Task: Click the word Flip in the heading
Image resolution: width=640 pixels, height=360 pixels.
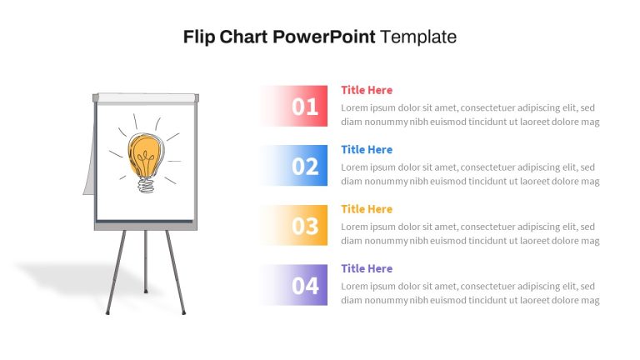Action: pyautogui.click(x=199, y=37)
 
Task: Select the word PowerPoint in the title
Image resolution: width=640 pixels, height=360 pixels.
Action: pyautogui.click(x=323, y=37)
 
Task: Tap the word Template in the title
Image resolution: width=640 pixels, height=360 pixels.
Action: pyautogui.click(x=418, y=37)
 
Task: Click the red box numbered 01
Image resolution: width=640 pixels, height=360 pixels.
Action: pyautogui.click(x=294, y=106)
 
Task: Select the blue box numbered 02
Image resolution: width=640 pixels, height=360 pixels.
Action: pyautogui.click(x=294, y=165)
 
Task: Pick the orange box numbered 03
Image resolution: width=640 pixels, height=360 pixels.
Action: pyautogui.click(x=294, y=225)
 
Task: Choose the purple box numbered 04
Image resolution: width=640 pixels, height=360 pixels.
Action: pyautogui.click(x=294, y=285)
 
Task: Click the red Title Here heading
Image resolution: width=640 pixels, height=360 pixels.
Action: pyautogui.click(x=367, y=90)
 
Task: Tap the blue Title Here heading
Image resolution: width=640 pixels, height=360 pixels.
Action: pyautogui.click(x=367, y=149)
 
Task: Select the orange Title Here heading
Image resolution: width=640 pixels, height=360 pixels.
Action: pyautogui.click(x=367, y=209)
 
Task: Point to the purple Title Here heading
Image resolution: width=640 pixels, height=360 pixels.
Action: pyautogui.click(x=367, y=268)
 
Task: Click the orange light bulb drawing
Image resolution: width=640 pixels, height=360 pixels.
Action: pyautogui.click(x=144, y=156)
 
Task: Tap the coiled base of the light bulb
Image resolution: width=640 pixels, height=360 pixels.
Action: pyautogui.click(x=146, y=185)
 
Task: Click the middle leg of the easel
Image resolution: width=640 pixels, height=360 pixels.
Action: pyautogui.click(x=146, y=262)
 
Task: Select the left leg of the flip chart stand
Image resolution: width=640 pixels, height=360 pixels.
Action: pyautogui.click(x=116, y=272)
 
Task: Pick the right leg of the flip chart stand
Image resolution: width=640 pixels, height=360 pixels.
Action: pyautogui.click(x=176, y=272)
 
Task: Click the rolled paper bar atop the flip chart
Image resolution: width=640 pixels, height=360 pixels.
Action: pyautogui.click(x=146, y=98)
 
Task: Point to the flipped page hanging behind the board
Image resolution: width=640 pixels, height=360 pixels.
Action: pyautogui.click(x=89, y=163)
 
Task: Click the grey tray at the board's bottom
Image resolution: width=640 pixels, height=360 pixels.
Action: pyautogui.click(x=146, y=225)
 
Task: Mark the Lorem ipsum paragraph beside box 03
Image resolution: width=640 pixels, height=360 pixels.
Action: pyautogui.click(x=470, y=233)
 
